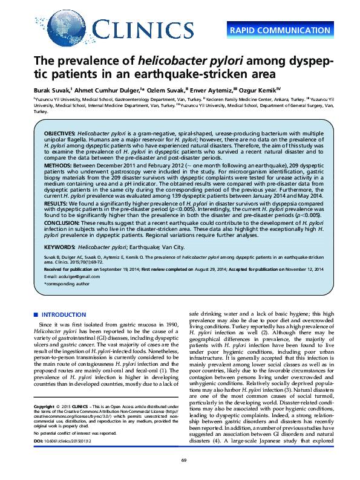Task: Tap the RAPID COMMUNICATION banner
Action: coord(280,30)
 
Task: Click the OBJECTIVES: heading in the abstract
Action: coord(59,132)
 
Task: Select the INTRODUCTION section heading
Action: coord(63,315)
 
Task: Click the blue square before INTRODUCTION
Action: coord(36,315)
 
